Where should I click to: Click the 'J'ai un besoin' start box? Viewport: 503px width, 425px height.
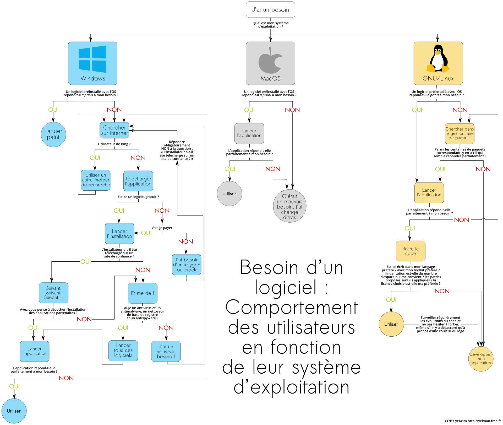point(270,10)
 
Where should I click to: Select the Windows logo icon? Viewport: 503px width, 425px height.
point(92,59)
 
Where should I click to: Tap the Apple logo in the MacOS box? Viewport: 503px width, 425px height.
point(270,61)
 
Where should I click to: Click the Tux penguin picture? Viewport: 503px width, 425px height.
point(438,58)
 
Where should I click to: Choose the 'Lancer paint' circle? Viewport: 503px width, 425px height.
point(53,135)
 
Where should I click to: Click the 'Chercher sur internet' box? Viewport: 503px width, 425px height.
point(114,130)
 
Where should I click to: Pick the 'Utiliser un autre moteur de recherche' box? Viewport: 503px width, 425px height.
point(96,180)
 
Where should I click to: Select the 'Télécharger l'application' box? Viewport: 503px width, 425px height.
point(138,181)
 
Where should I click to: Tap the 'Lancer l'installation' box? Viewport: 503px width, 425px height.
point(119,234)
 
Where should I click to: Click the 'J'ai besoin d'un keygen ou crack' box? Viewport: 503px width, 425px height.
point(187,265)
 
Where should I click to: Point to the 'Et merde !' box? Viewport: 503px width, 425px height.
point(143,293)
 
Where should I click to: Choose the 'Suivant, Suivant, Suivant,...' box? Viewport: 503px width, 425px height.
point(54,293)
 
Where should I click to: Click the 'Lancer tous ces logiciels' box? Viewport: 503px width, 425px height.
point(123,351)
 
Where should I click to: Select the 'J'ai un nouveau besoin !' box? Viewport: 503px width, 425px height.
point(166,351)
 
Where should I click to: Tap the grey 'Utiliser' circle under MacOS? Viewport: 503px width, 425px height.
point(229,193)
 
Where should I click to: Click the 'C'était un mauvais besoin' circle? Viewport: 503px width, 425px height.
point(289,206)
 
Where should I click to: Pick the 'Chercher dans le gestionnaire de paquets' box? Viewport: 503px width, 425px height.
point(460,134)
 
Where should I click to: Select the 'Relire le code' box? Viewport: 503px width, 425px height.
point(411,251)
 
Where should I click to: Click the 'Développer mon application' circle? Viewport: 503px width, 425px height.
point(480,359)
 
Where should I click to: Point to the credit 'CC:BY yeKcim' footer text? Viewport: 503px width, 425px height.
point(456,421)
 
